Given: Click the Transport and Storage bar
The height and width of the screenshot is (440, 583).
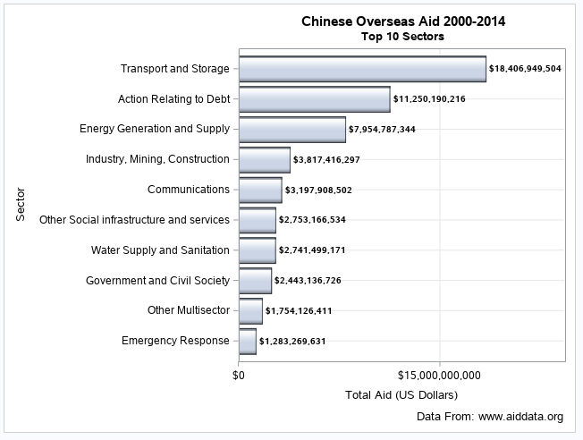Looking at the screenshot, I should pos(362,69).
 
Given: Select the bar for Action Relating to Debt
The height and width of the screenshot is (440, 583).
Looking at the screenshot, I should pos(314,99).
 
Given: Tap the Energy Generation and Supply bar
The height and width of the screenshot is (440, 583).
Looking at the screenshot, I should pos(291,130).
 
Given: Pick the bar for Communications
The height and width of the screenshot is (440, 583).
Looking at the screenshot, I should pos(260,190).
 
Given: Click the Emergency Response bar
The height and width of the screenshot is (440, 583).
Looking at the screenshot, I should pos(247,341).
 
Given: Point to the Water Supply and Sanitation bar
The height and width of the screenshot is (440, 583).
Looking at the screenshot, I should pos(257,250).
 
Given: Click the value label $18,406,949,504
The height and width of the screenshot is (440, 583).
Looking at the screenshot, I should pos(525,69).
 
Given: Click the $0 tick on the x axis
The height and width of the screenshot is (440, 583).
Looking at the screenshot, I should pos(239,375).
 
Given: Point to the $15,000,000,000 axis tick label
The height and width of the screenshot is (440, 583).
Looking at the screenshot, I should pos(439,375).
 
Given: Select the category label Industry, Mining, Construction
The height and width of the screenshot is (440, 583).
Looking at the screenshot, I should pos(157,159).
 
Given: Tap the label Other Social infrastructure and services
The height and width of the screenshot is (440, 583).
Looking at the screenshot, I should pos(134,220).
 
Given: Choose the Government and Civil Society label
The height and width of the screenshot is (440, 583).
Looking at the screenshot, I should pos(157,280).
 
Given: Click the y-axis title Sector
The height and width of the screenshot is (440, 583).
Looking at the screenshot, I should pos(20,205).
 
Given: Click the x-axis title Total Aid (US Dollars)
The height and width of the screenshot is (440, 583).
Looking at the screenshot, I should pos(401,394).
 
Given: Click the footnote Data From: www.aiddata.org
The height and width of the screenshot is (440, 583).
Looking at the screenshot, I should pos(490,417).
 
